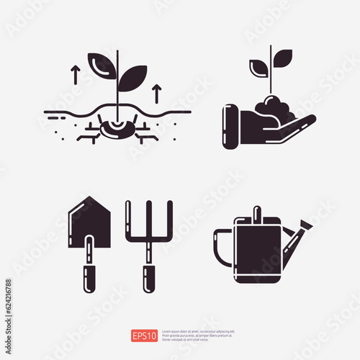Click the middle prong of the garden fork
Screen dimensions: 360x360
tap(148, 220)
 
